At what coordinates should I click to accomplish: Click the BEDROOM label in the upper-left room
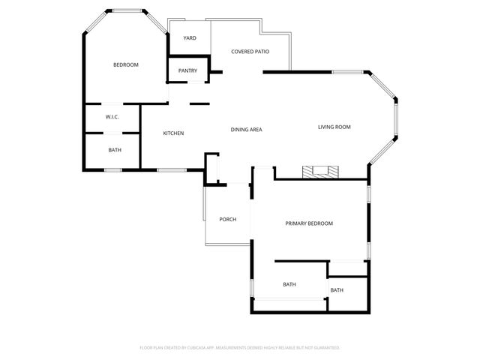(126, 64)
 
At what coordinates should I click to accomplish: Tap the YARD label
(190, 38)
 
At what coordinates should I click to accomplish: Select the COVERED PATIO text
(250, 52)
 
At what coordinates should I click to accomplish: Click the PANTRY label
(187, 71)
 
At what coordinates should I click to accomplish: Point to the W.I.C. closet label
(112, 117)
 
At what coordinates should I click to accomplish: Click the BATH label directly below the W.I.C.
(115, 150)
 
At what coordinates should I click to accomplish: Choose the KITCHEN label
(173, 133)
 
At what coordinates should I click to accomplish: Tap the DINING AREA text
(246, 130)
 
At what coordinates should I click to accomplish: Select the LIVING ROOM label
(334, 127)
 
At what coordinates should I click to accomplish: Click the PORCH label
(228, 220)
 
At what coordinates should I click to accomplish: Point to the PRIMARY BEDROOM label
(309, 223)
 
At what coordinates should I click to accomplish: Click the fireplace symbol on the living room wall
(320, 172)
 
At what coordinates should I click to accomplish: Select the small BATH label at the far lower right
(337, 290)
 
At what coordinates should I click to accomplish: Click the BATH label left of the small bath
(289, 284)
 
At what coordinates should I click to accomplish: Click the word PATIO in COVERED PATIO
(261, 52)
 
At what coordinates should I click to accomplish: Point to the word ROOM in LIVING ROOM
(343, 127)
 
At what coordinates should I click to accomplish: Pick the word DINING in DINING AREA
(239, 130)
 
